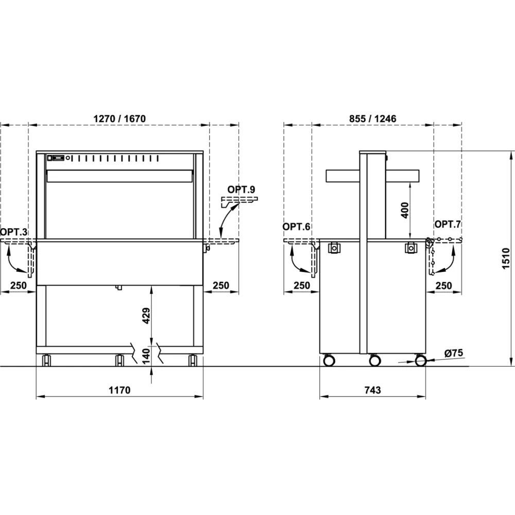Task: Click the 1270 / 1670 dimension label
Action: [119, 118]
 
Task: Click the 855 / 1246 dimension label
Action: [372, 118]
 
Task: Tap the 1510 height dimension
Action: [506, 259]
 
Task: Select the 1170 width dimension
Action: [119, 390]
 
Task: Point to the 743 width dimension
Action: [372, 390]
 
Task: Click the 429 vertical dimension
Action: [146, 315]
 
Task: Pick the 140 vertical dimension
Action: [146, 356]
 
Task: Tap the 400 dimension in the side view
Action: [405, 210]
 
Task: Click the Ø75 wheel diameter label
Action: [454, 353]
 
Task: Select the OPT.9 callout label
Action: [241, 190]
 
